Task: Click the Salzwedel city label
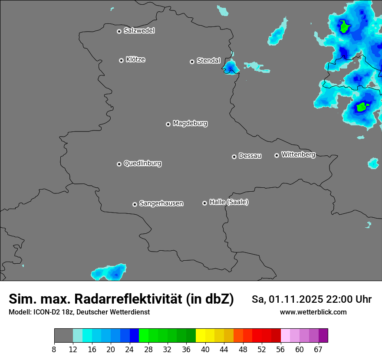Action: tap(139, 31)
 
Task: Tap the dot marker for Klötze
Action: tap(122, 60)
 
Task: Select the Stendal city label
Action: tap(208, 61)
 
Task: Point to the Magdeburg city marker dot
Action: tap(168, 124)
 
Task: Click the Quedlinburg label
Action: tap(142, 164)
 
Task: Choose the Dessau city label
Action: tap(250, 156)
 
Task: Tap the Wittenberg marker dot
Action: tap(277, 155)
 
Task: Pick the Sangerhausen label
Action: tap(161, 203)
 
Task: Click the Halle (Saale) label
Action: tap(229, 202)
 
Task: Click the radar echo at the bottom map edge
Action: tap(109, 272)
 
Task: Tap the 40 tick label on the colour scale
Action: tap(205, 349)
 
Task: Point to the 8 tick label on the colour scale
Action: tap(54, 349)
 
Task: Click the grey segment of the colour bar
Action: tap(63, 336)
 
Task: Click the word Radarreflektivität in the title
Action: tap(128, 299)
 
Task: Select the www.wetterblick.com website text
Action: tap(313, 312)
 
